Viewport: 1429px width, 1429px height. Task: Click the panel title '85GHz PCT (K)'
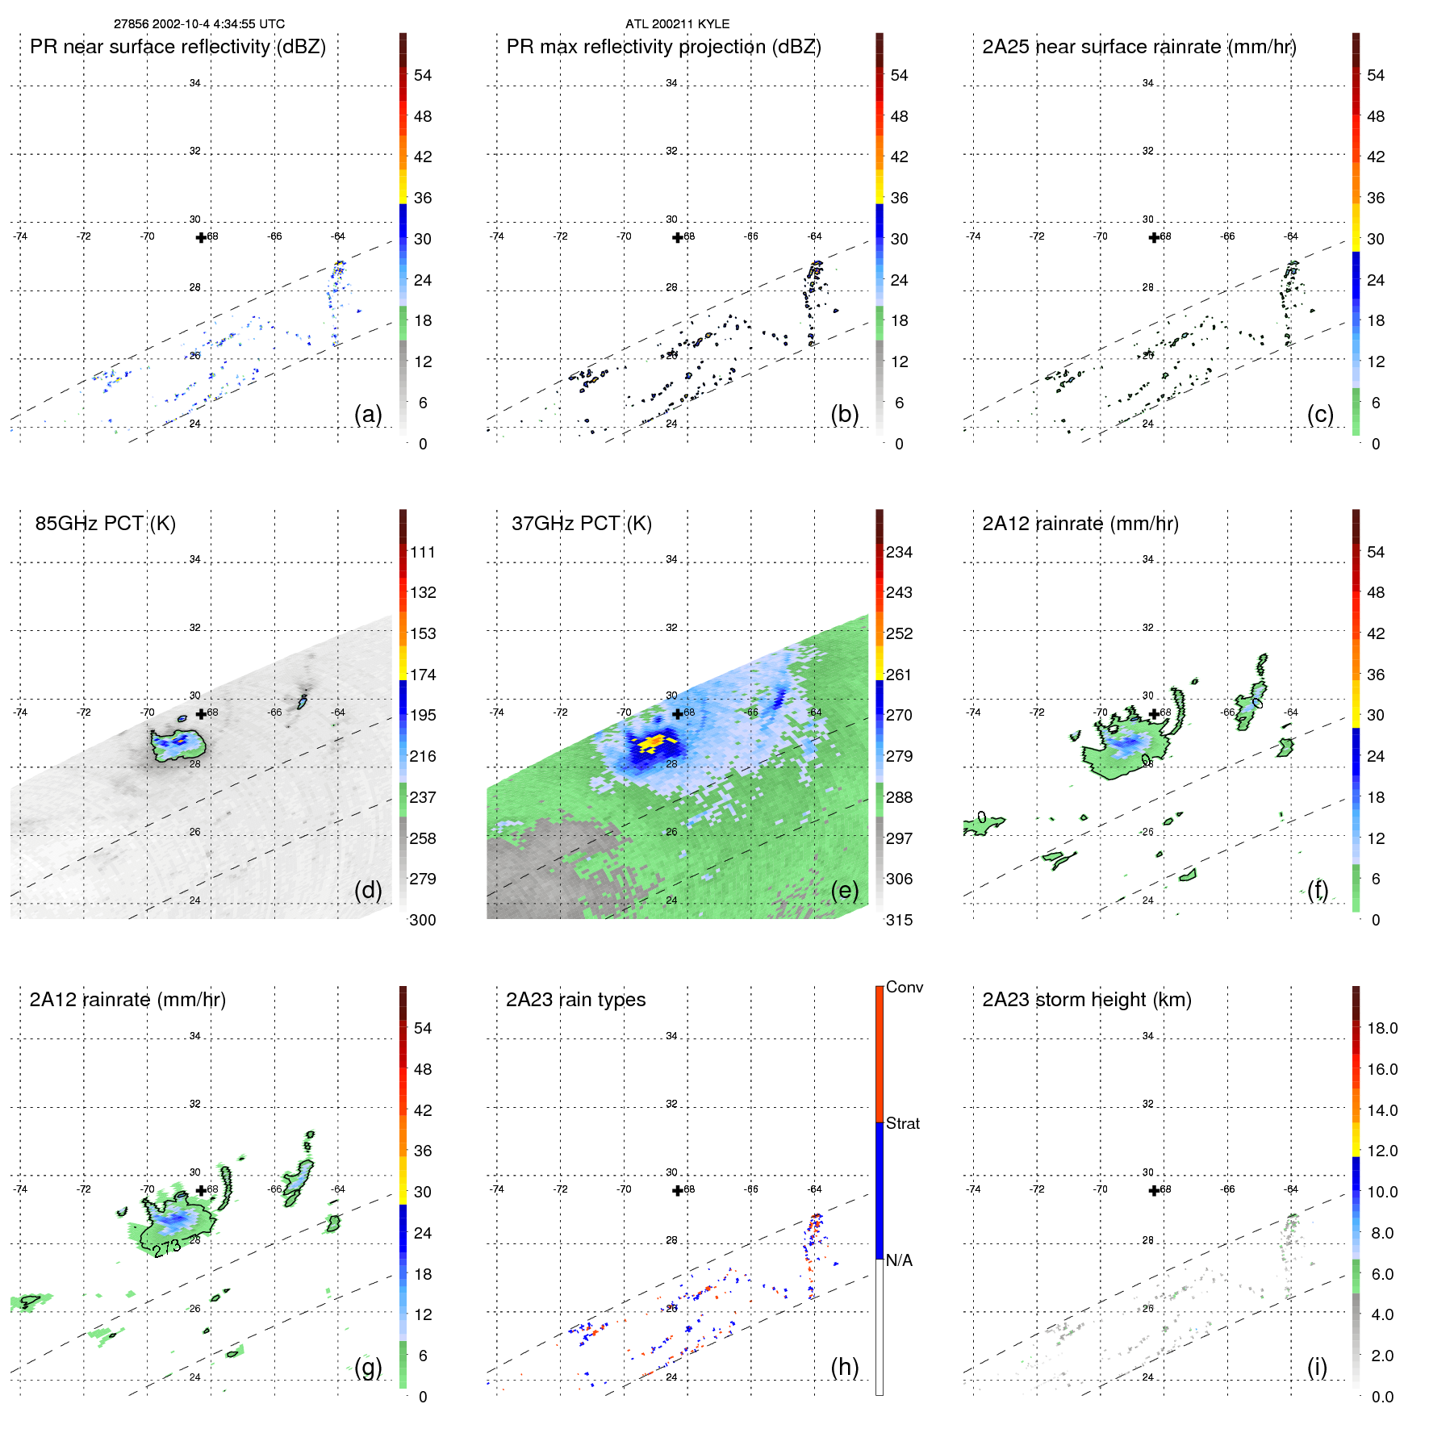[105, 524]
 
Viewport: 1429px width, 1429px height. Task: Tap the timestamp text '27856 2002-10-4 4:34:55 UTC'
[198, 24]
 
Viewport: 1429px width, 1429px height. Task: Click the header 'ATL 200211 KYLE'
[677, 24]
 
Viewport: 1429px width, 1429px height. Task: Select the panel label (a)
[368, 414]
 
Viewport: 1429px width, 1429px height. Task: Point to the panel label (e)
[844, 890]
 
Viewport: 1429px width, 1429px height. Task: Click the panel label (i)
[1317, 1367]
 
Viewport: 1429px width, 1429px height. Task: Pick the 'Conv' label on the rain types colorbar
[905, 988]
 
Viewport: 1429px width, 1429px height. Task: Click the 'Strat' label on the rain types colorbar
[903, 1123]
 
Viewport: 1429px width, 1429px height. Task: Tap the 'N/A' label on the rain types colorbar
[900, 1260]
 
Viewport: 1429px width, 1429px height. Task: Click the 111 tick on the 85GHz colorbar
[423, 553]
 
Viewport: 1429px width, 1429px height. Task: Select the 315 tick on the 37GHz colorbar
[899, 921]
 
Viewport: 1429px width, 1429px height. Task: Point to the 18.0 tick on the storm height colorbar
[1382, 1029]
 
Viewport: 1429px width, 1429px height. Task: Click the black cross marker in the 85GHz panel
[201, 714]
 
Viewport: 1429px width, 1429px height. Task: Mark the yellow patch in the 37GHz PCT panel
[652, 742]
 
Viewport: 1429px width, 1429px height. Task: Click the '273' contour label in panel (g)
[167, 1248]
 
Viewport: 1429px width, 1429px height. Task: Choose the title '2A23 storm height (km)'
[1087, 1000]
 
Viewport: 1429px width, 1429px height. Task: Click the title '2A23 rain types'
[575, 1000]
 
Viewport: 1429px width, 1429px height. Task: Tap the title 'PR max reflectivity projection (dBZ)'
[663, 47]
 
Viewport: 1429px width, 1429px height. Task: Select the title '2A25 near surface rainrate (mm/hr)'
[1139, 47]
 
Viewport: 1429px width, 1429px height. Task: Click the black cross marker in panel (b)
[677, 238]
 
